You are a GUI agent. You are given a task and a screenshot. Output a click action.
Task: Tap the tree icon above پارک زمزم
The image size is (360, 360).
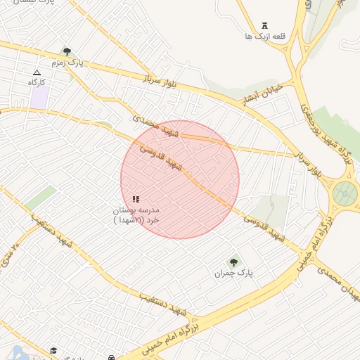(67, 51)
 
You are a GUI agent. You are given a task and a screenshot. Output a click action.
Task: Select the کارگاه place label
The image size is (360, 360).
(37, 82)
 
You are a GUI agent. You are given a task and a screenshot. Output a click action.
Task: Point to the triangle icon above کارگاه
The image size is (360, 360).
(37, 72)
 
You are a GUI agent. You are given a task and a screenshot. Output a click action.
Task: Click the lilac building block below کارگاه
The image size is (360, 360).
(39, 98)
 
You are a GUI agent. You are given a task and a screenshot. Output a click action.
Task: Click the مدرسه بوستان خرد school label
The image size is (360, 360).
(136, 214)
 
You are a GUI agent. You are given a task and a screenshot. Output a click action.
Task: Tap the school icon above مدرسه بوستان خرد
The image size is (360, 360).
(136, 199)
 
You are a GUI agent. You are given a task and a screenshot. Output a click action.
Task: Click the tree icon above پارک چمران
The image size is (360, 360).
(233, 262)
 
